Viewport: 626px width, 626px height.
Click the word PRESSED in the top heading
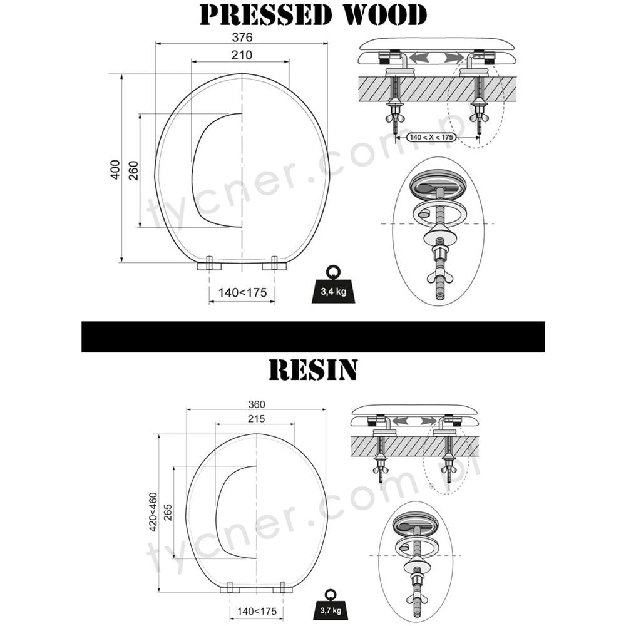click(266, 15)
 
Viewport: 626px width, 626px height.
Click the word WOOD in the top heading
click(386, 15)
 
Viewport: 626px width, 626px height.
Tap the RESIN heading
click(313, 370)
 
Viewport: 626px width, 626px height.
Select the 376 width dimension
click(242, 37)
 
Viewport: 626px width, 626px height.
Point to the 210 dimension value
click(242, 55)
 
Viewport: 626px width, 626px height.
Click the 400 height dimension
click(115, 170)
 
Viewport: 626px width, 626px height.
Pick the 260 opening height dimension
click(133, 170)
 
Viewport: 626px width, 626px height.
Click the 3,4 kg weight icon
click(333, 285)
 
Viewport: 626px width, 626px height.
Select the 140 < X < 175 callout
click(431, 137)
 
